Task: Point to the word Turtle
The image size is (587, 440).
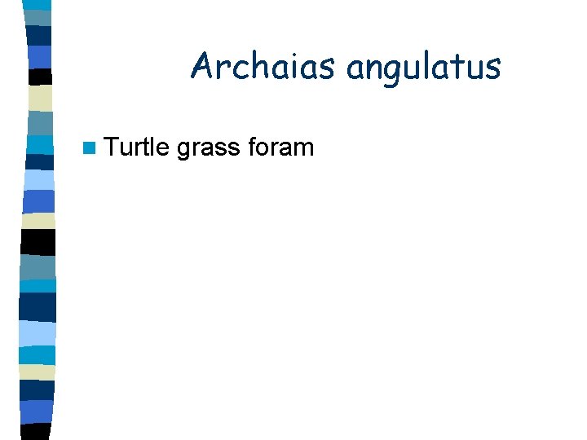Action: point(137,147)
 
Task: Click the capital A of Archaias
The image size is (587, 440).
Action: point(201,66)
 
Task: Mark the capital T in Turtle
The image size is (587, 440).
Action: point(112,147)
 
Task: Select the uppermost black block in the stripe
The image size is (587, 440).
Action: point(39,77)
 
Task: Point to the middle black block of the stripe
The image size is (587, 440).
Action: point(38,241)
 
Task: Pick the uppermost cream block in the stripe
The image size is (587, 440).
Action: point(40,98)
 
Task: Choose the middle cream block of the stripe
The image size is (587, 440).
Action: point(38,220)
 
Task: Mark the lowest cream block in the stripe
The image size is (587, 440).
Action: point(37,372)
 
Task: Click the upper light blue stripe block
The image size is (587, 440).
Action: point(39,179)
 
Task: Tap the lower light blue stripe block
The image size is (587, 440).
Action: point(37,332)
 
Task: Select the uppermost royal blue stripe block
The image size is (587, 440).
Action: point(39,56)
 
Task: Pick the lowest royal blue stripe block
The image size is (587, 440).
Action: point(36,411)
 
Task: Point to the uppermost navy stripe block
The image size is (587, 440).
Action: point(38,35)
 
